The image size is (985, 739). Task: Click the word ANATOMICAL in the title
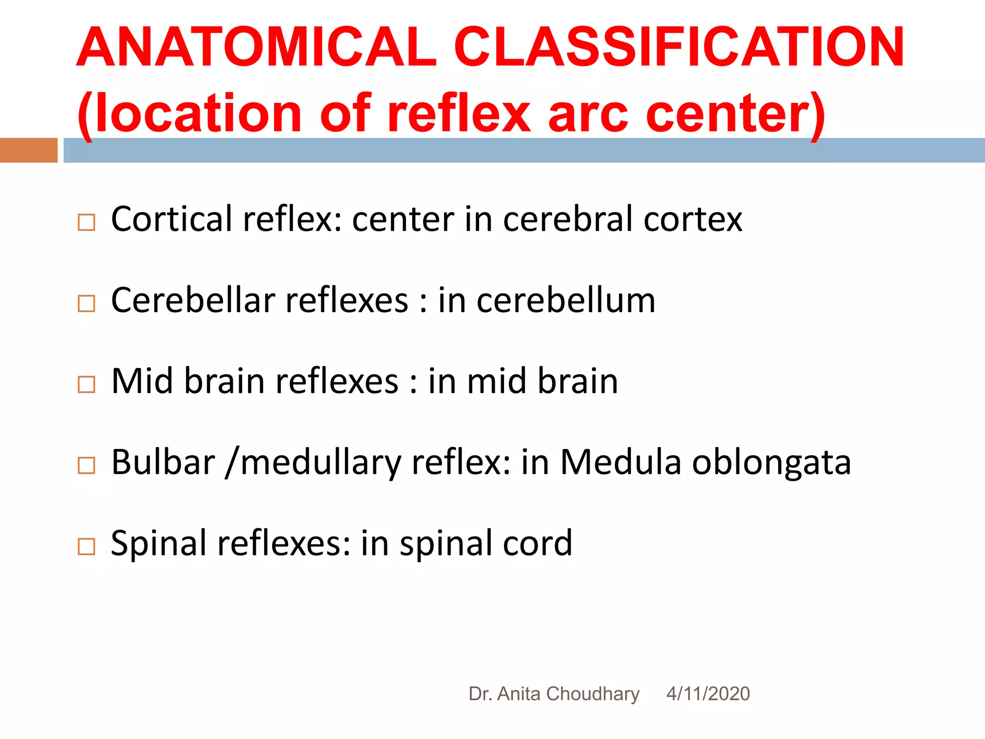click(256, 47)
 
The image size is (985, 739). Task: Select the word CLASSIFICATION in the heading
click(679, 47)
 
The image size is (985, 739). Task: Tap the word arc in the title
click(588, 114)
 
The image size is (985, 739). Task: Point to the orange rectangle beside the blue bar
click(28, 150)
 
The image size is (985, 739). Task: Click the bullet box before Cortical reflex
click(86, 222)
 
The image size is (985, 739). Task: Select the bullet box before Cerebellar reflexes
click(86, 303)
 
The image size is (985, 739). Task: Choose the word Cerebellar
click(193, 300)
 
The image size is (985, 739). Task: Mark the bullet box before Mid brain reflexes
click(86, 384)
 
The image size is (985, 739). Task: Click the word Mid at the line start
click(142, 381)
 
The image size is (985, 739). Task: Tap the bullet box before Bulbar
click(86, 465)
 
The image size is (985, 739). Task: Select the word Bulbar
click(163, 462)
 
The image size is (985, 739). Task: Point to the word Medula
click(621, 462)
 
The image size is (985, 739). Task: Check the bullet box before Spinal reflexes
click(86, 546)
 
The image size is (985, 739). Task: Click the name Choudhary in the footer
click(593, 694)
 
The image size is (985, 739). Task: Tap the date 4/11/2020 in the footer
click(708, 694)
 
